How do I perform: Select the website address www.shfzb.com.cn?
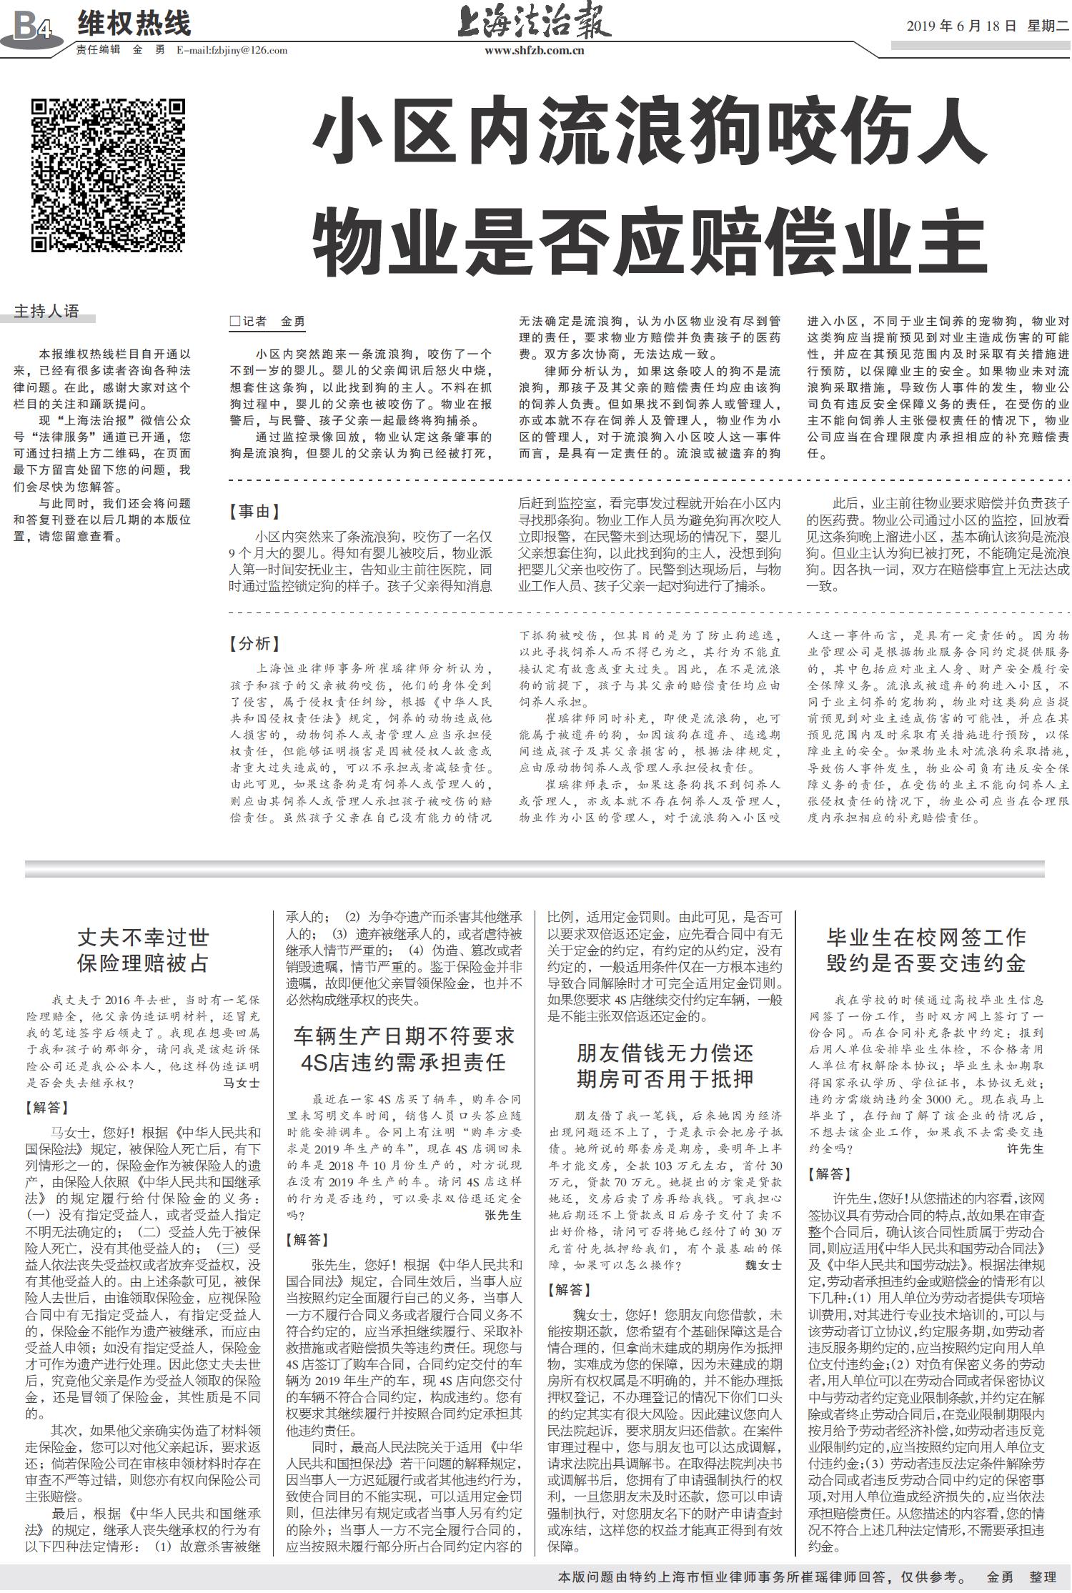pos(535,51)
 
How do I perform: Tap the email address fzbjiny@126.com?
pos(232,51)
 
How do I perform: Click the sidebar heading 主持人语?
pos(47,312)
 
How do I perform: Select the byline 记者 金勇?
pos(269,322)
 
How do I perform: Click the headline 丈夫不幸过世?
pos(143,937)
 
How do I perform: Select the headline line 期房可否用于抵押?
pos(665,1078)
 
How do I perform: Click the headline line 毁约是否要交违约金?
pos(926,963)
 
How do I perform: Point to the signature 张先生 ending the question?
pos(503,1214)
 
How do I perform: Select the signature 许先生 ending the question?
pos(1025,1148)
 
